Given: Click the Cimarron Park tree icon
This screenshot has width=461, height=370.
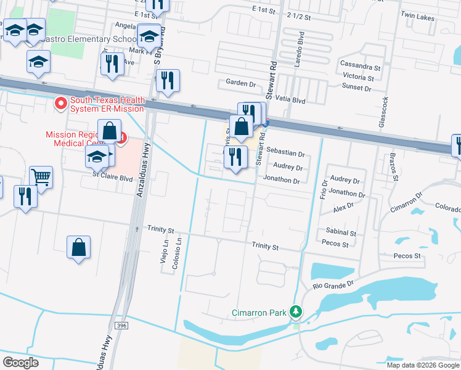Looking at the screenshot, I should pos(296,312).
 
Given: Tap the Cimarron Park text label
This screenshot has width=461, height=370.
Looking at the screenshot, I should pos(259,313).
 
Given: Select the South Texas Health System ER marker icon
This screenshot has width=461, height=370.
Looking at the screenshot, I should pos(61,104).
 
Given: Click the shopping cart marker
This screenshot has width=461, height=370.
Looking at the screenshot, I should pos(41,178).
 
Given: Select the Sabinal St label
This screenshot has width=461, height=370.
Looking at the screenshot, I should pos(341,233).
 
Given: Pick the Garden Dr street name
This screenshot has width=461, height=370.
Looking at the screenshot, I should pos(240,83).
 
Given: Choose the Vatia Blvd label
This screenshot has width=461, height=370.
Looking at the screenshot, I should pos(291,99).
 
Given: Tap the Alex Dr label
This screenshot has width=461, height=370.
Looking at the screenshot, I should pos(343,208).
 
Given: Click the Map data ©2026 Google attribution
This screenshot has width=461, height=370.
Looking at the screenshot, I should pos(422,364).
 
